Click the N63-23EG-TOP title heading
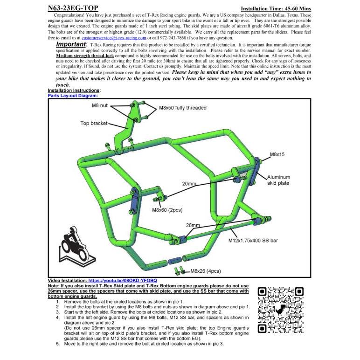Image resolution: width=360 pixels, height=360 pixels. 73,8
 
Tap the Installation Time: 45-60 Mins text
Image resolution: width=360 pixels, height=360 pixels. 276,9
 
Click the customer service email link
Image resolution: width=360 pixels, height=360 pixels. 114,38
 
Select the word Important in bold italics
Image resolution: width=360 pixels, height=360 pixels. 71,44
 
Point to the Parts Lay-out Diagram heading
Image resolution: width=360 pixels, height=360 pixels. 73,96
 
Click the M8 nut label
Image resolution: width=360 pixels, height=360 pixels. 100,105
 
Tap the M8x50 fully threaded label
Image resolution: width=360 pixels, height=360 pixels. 183,108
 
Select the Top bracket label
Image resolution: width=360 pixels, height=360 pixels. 94,123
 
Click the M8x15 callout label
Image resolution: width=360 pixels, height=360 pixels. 277,154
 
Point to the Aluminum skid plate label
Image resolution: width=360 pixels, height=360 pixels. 278,180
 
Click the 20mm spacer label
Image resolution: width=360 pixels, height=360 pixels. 189,184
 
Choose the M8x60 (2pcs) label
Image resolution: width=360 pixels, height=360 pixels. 167,210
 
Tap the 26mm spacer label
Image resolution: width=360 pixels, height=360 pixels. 193,225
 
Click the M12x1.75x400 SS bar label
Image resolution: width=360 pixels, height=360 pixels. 253,241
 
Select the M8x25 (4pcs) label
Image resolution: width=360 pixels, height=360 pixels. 206,271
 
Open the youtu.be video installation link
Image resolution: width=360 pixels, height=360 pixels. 123,281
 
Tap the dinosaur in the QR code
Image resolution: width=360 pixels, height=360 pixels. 280,310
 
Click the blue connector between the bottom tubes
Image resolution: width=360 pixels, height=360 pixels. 175,261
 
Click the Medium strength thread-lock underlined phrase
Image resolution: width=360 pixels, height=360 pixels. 85,56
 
